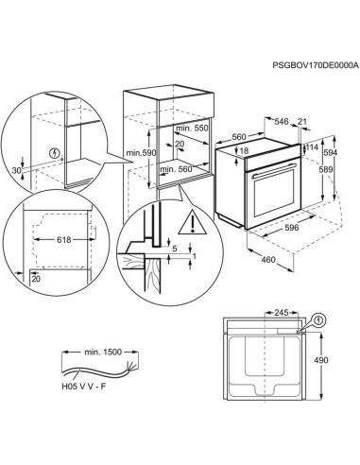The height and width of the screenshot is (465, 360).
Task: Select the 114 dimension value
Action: (311, 147)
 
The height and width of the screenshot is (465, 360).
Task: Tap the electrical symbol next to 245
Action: (319, 320)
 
